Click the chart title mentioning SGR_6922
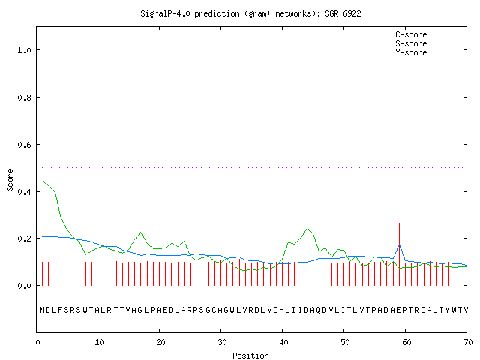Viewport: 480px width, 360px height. pyautogui.click(x=250, y=13)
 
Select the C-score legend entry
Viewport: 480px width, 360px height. pyautogui.click(x=427, y=34)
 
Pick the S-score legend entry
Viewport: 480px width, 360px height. pyautogui.click(x=427, y=43)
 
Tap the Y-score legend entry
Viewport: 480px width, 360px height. pyautogui.click(x=427, y=52)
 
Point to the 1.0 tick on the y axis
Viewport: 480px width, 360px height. pyautogui.click(x=25, y=50)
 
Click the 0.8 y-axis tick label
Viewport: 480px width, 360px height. pyautogui.click(x=25, y=97)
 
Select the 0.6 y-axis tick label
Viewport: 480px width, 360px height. pyautogui.click(x=25, y=145)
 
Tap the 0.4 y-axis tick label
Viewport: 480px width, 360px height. pyautogui.click(x=25, y=192)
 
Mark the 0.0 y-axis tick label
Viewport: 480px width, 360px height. pyautogui.click(x=25, y=286)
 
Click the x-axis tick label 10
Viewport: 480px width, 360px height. pyautogui.click(x=99, y=342)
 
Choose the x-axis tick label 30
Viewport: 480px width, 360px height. pyautogui.click(x=222, y=342)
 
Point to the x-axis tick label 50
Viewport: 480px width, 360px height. pyautogui.click(x=345, y=342)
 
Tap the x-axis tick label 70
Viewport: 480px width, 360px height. pyautogui.click(x=468, y=342)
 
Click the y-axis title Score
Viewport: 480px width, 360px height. pyautogui.click(x=10, y=180)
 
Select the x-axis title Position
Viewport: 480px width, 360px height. pyautogui.click(x=250, y=355)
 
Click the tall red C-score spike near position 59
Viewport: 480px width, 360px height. pyautogui.click(x=399, y=254)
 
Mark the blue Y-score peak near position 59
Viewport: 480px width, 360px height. pyautogui.click(x=399, y=244)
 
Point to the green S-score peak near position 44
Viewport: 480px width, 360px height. pyautogui.click(x=307, y=228)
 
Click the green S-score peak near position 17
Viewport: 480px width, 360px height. pyautogui.click(x=141, y=232)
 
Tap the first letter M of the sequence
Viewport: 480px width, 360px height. pyautogui.click(x=42, y=310)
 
